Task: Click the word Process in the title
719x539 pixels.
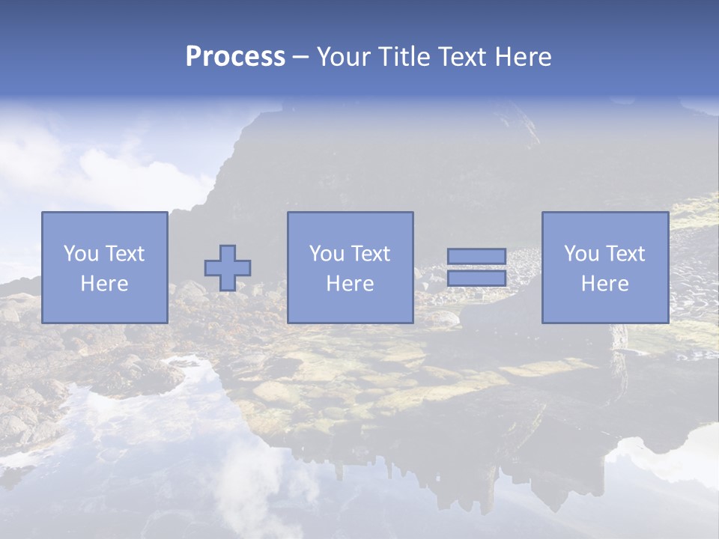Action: tap(235, 57)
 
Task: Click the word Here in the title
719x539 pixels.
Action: tap(524, 57)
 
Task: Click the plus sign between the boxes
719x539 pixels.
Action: tap(228, 268)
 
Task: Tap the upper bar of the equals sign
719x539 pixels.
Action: tap(477, 257)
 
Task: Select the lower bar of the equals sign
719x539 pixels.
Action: tap(477, 278)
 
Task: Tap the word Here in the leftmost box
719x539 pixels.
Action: tap(104, 284)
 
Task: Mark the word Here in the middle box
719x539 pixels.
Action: tap(350, 284)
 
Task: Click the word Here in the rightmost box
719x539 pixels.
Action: tap(604, 284)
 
